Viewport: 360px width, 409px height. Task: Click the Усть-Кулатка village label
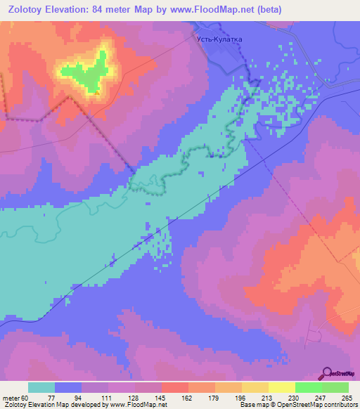pos(218,39)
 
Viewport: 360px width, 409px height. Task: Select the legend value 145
pos(162,397)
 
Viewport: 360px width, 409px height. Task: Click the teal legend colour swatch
pos(41,387)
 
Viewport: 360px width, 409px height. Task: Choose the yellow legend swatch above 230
pos(281,387)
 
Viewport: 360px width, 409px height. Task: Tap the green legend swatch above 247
pos(308,387)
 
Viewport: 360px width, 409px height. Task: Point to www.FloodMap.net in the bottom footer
pos(130,405)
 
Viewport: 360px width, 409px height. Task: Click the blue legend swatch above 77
pos(68,387)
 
